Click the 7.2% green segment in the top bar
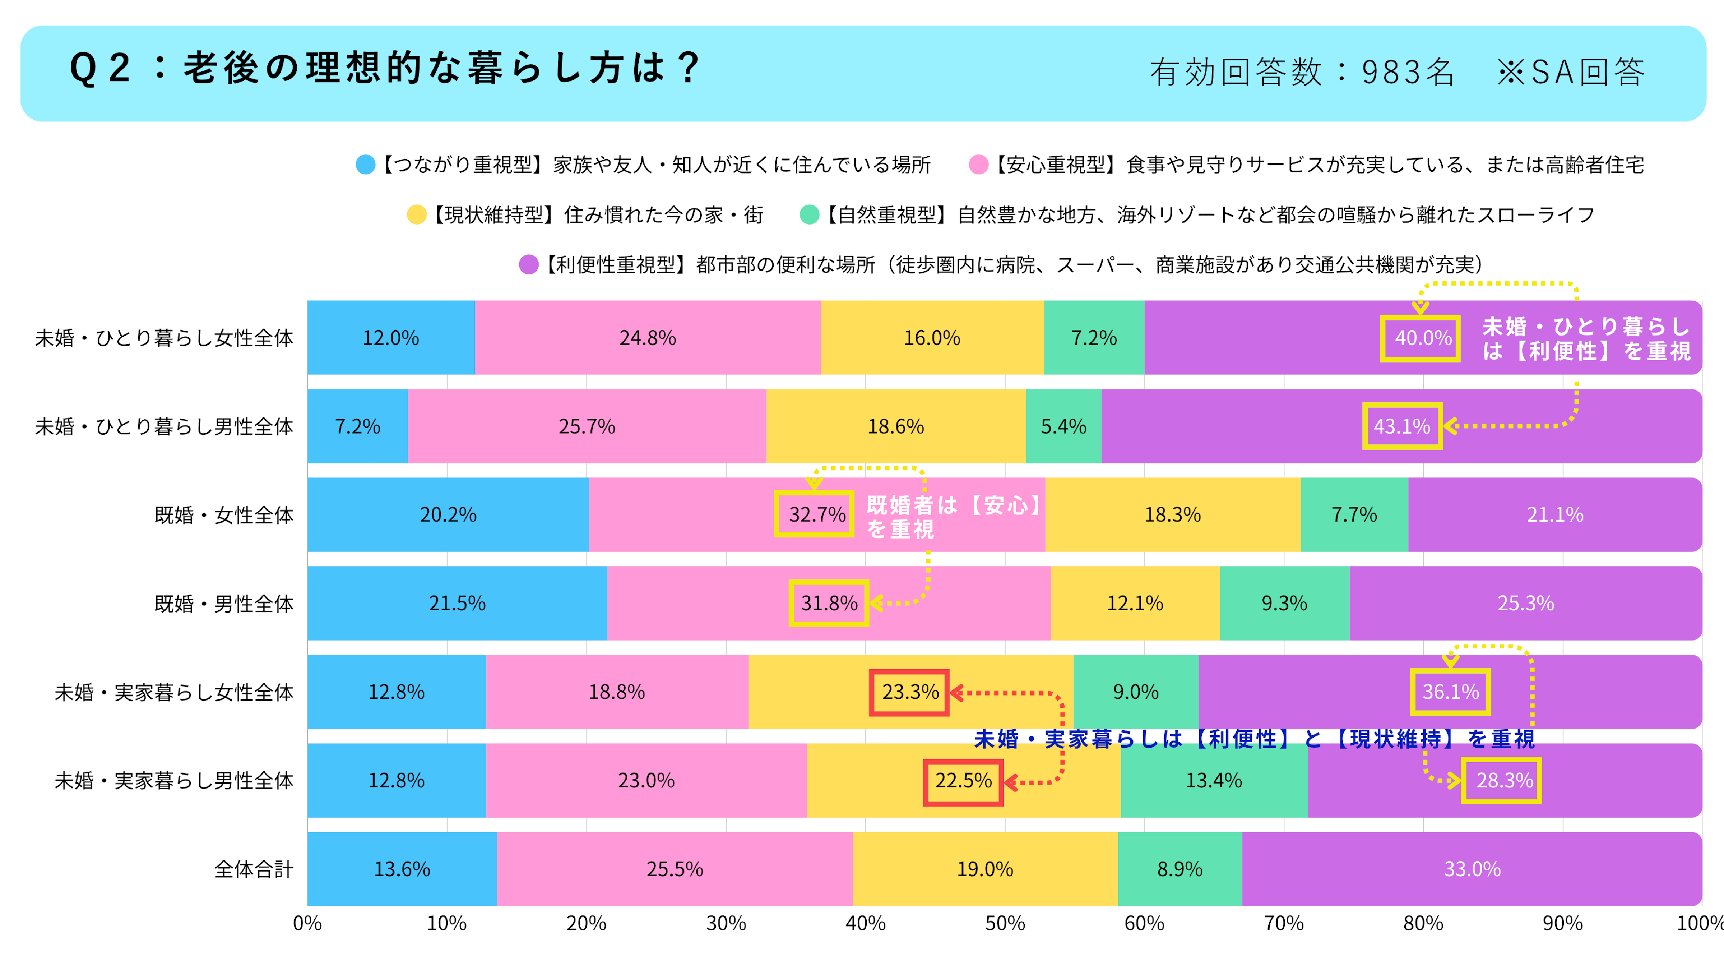coord(1094,337)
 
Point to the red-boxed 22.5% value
coord(963,781)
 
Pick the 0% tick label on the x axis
coord(307,924)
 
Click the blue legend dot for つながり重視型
coord(365,165)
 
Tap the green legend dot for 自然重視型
coord(810,215)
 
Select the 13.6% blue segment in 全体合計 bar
coord(402,869)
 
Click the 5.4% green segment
coord(1063,426)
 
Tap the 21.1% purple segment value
coord(1555,515)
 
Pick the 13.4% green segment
coord(1214,781)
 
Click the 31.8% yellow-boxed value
coord(829,603)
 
